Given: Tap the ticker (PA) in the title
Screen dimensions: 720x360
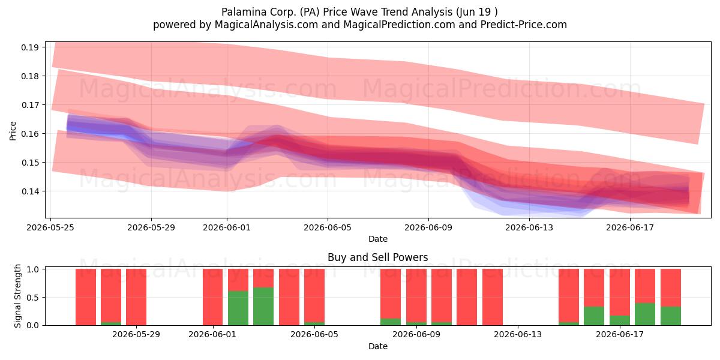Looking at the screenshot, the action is pos(310,12).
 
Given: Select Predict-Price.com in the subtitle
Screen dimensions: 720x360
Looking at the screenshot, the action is pos(524,25).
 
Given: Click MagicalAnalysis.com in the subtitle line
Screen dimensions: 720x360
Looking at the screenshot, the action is pos(266,25).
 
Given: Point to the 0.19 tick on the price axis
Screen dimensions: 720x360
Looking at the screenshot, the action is pos(30,47).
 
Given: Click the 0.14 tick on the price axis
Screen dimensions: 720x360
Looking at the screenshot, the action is pos(30,191).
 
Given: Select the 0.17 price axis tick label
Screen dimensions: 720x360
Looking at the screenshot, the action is pos(30,105).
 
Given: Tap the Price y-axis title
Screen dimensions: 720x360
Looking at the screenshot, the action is pos(13,131).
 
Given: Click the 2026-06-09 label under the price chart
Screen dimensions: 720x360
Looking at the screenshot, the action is pos(428,227).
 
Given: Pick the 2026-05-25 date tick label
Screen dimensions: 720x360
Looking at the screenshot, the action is pos(50,227).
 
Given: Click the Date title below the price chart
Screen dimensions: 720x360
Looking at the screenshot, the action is pos(378,239).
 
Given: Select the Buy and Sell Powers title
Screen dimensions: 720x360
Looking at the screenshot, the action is pos(377,257).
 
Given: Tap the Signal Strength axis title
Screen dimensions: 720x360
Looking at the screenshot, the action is pos(17,296).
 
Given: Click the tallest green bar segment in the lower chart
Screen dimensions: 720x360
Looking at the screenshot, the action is pos(263,307).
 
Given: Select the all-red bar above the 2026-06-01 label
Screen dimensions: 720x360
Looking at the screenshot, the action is pos(212,297).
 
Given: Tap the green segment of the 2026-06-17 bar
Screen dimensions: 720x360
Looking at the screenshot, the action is pos(619,320).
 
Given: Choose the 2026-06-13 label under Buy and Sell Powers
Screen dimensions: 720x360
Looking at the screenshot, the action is pos(517,334).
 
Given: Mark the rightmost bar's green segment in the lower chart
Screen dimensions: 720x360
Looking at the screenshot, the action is pos(671,316).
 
